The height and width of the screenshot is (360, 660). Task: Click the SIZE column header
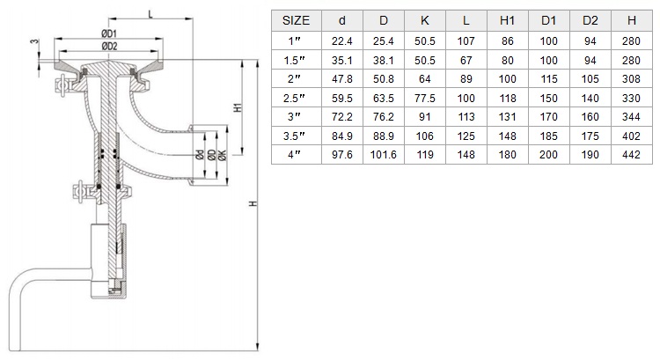point(296,20)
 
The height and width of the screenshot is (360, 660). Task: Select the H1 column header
point(507,20)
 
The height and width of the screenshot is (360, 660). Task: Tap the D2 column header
point(590,20)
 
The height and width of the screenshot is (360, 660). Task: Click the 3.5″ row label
point(294,136)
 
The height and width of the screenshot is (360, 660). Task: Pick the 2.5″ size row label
point(294,98)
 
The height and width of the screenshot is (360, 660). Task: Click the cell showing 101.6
point(383,155)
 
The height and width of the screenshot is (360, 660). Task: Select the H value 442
point(631,155)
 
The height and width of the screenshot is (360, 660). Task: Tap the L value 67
point(466,60)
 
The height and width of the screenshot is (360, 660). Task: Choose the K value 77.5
point(425,98)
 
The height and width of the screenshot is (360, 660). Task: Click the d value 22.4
point(341,41)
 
